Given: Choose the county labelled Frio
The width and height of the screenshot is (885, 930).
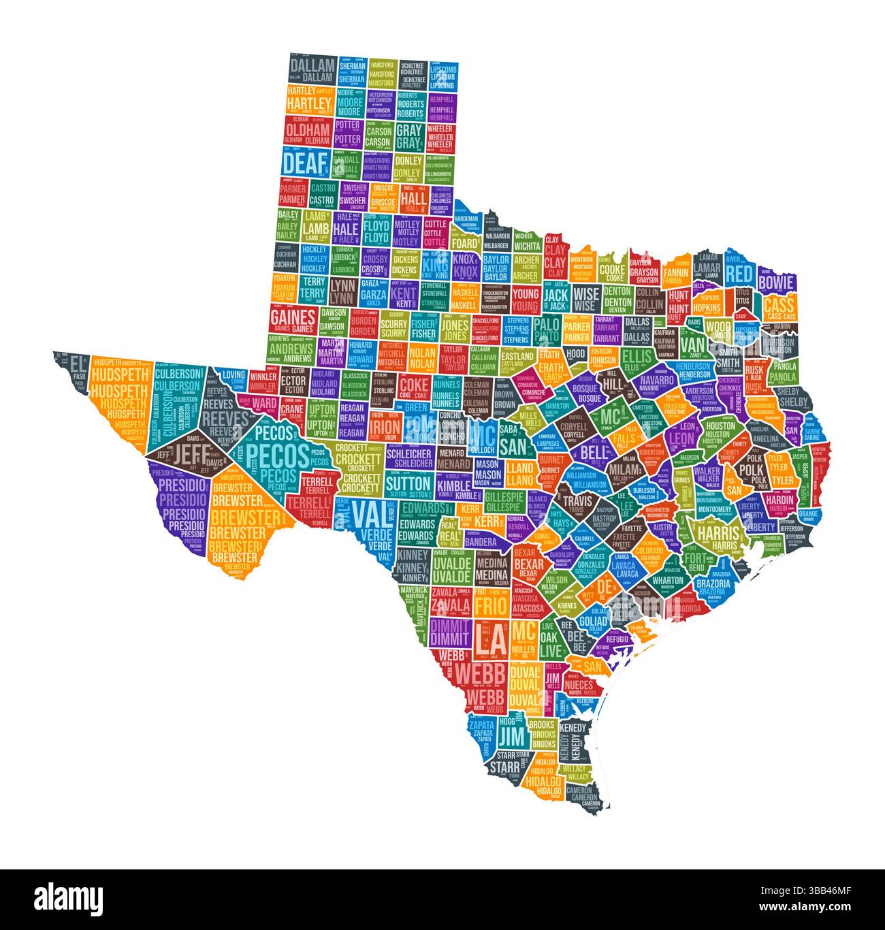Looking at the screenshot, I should coord(488,603).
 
